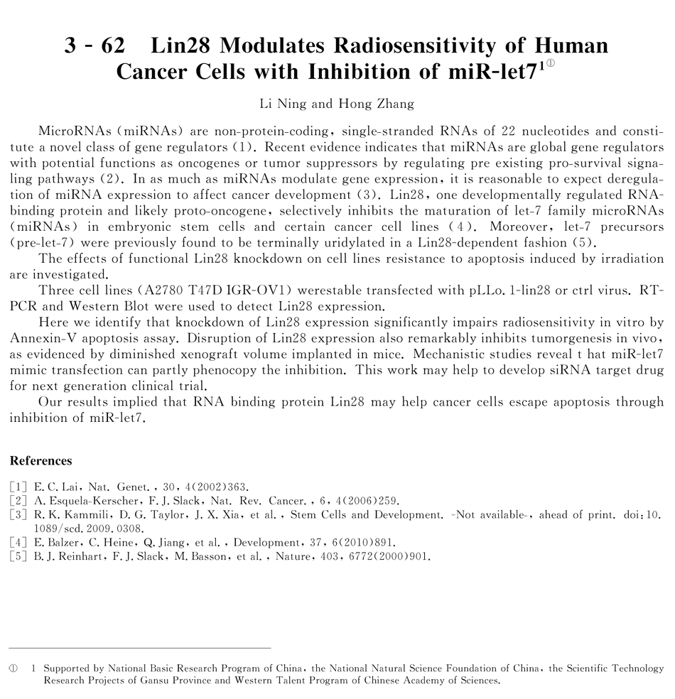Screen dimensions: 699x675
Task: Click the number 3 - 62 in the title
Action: pyautogui.click(x=94, y=46)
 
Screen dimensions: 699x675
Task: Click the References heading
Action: pyautogui.click(x=40, y=460)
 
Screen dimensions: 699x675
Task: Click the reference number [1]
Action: pyautogui.click(x=18, y=487)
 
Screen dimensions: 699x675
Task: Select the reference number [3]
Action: pyautogui.click(x=18, y=515)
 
